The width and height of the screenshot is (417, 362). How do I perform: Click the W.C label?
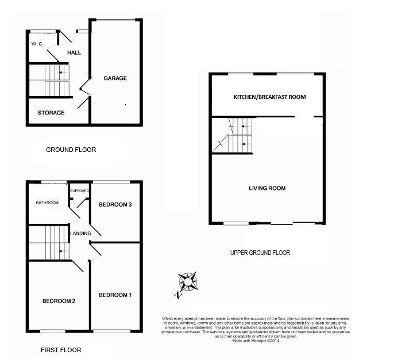tap(37, 43)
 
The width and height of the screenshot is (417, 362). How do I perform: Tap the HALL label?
tap(74, 52)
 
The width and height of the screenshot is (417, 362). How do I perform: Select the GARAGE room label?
tap(115, 78)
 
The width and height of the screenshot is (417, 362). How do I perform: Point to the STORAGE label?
tap(51, 113)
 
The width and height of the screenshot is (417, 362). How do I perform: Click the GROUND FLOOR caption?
tap(71, 150)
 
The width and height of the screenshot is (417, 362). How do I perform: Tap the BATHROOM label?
tap(47, 203)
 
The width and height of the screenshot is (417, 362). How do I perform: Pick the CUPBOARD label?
tap(79, 190)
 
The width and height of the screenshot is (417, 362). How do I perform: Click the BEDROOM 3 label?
tap(115, 204)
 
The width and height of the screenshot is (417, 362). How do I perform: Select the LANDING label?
tap(79, 233)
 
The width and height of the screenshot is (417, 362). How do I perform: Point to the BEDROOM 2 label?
tap(59, 300)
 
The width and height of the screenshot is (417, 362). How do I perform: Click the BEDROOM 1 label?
tap(115, 295)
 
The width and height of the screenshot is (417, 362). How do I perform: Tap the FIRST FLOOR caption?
tap(61, 350)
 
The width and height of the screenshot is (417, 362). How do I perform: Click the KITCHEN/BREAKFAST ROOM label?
tap(269, 97)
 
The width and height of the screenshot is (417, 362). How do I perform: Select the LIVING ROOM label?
tap(267, 188)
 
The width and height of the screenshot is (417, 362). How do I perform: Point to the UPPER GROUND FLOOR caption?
tap(260, 253)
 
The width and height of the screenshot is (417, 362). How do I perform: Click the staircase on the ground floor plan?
tap(48, 80)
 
